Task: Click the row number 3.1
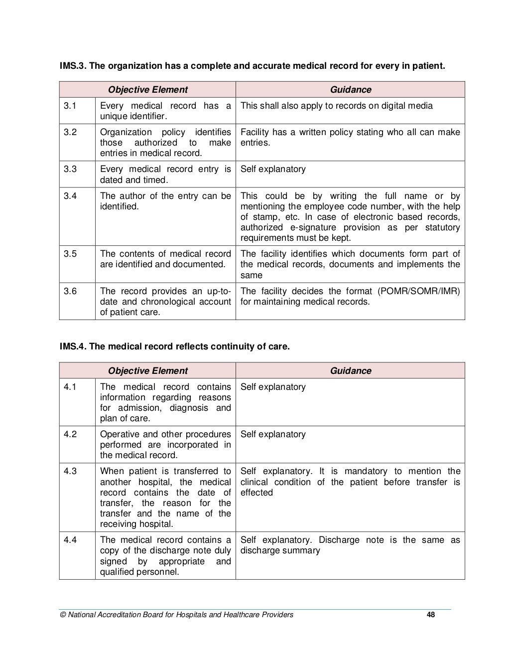[70, 106]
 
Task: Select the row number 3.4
[70, 196]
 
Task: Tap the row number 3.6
[70, 291]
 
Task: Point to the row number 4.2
[70, 434]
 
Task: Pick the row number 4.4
[70, 540]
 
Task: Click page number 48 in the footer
[431, 615]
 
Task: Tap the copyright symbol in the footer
[62, 615]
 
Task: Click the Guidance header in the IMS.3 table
[351, 90]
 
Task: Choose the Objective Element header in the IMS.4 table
[148, 371]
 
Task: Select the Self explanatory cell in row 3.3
[273, 169]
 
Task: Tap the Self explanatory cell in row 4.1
[273, 387]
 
